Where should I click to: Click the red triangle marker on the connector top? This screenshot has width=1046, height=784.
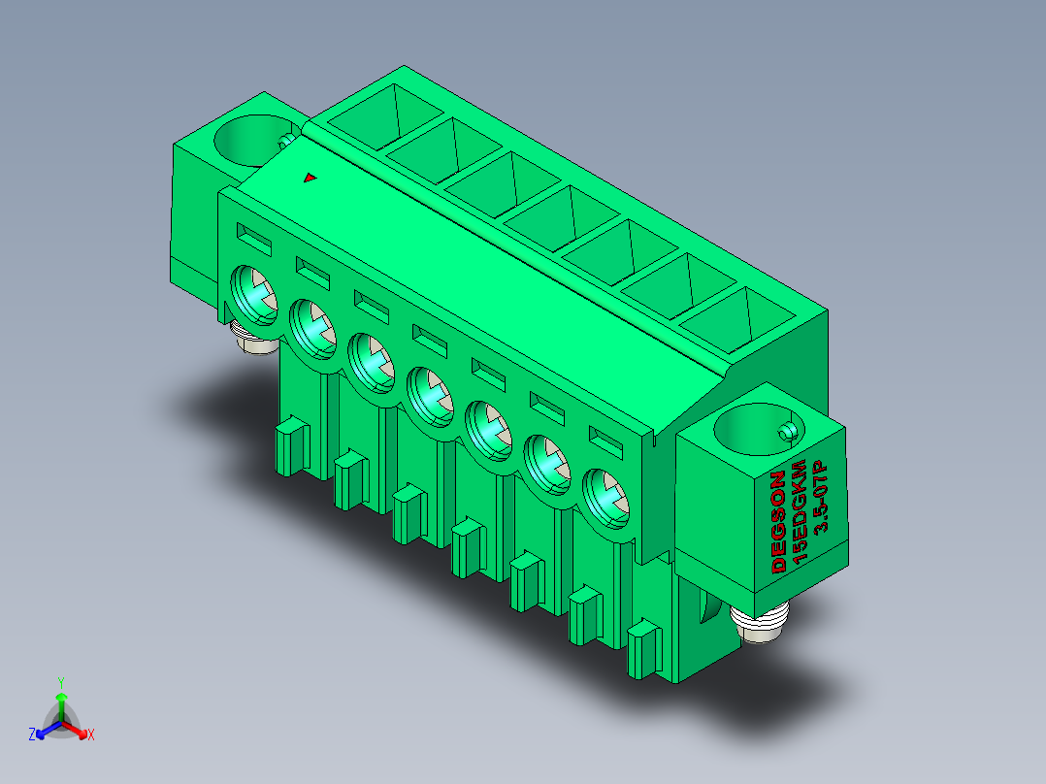pos(310,178)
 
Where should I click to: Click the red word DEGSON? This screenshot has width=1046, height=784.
pos(778,522)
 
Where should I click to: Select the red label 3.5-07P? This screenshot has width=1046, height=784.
pos(820,497)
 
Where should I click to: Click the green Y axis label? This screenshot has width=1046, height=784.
pos(61,682)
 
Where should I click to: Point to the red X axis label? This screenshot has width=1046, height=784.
pos(91,735)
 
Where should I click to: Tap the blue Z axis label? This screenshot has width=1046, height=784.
pos(32,735)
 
